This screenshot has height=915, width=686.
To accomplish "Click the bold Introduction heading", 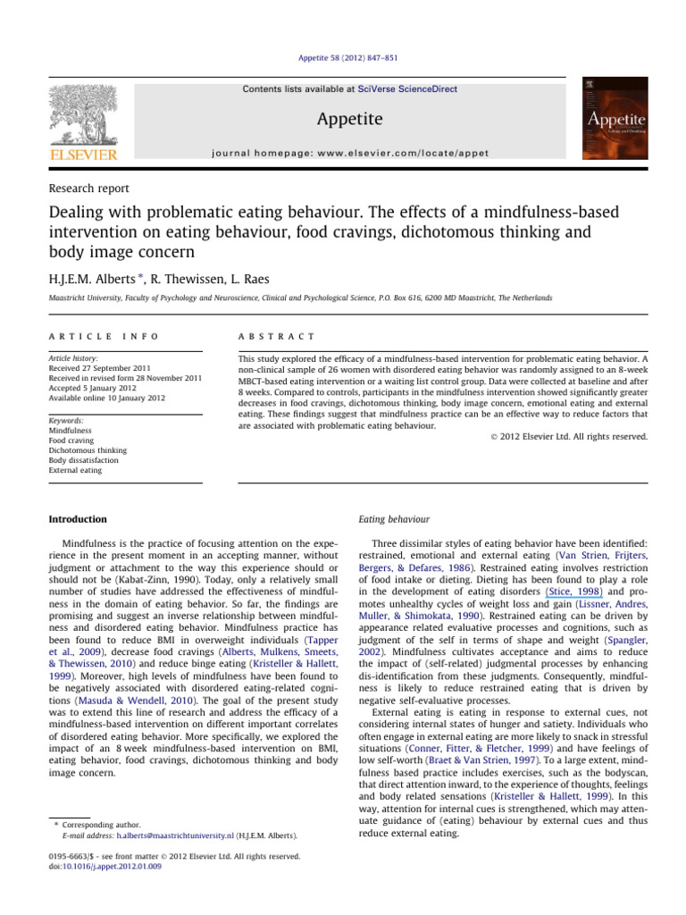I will point(78,519).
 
